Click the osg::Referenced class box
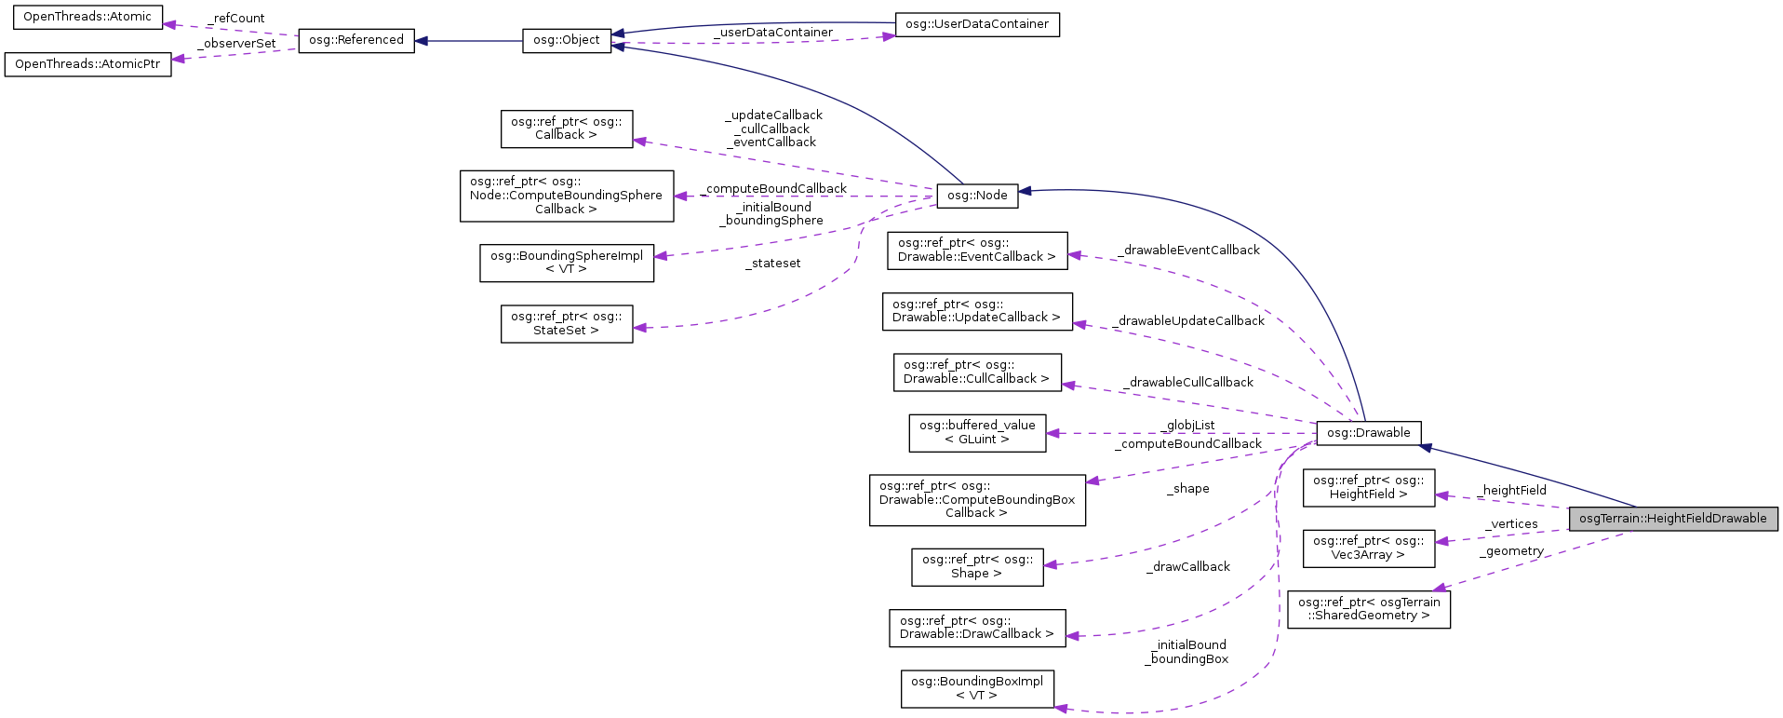pos(355,40)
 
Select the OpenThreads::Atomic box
pos(87,17)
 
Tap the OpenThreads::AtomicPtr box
pos(87,64)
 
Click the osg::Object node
pos(566,40)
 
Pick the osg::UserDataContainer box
pos(976,24)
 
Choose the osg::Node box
pos(976,196)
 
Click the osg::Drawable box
pos(1368,433)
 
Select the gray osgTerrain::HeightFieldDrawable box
pos(1672,519)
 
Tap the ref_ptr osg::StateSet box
pos(566,323)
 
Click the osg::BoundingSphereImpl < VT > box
pos(566,262)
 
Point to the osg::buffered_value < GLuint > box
pos(976,432)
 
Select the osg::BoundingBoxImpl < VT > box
pos(976,688)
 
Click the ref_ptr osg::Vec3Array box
pos(1368,548)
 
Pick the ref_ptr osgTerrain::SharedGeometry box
pos(1368,608)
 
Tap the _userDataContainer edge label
pos(773,33)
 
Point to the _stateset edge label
pos(772,264)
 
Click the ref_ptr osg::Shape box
pos(976,566)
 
